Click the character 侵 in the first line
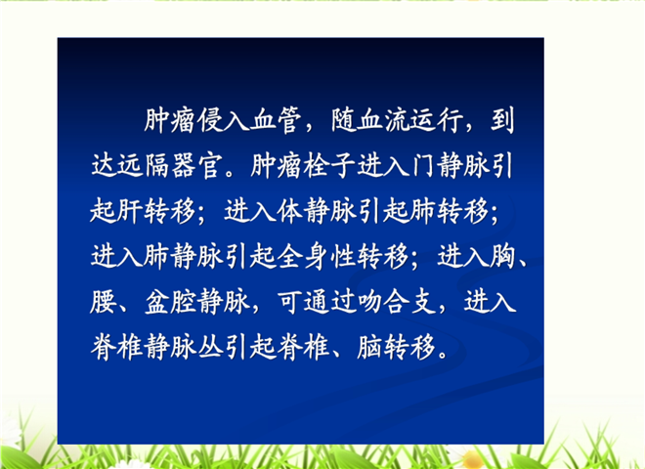[x=211, y=120]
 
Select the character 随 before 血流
[x=343, y=120]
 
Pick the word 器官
[x=197, y=165]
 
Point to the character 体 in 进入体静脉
[x=289, y=211]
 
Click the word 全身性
[x=317, y=256]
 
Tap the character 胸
[x=502, y=256]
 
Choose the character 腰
[x=103, y=301]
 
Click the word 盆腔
[x=171, y=301]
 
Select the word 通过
[x=330, y=301]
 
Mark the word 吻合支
[x=397, y=301]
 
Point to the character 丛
[x=211, y=347]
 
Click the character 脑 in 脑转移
[x=370, y=347]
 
